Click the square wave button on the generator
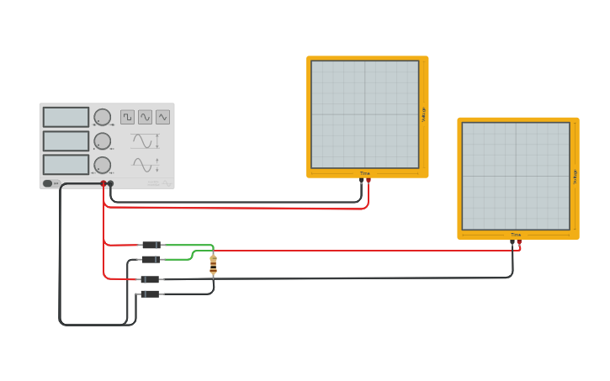coord(127,117)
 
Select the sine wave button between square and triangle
coord(145,117)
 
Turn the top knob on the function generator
coord(102,117)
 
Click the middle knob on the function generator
coord(102,140)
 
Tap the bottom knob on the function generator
coord(102,165)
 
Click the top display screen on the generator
coord(66,117)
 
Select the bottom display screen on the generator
coord(66,164)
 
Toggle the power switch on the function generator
coord(48,183)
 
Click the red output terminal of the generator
coord(103,183)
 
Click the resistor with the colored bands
coord(213,264)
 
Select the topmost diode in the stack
coord(151,245)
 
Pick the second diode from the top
coord(151,259)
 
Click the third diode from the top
coord(150,279)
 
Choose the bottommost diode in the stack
coord(150,294)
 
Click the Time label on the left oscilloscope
coord(364,173)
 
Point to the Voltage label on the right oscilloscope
coord(575,176)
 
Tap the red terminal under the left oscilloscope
coord(369,180)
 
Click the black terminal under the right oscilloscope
coord(512,242)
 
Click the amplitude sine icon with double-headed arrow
coord(144,141)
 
